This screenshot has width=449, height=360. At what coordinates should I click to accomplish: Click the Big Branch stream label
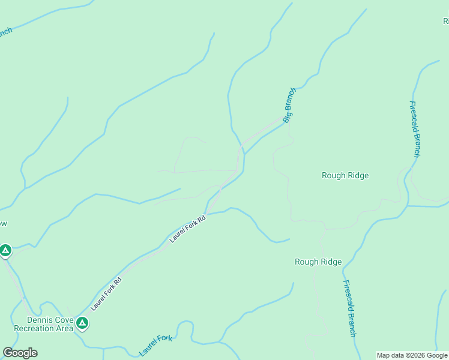click(x=290, y=106)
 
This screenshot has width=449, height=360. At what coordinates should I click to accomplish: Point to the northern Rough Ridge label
click(x=345, y=176)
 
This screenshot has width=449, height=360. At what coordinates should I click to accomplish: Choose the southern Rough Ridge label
click(x=318, y=262)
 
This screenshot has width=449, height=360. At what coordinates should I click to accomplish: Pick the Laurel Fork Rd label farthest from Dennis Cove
click(x=187, y=229)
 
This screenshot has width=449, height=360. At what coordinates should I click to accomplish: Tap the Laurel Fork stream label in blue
click(x=155, y=346)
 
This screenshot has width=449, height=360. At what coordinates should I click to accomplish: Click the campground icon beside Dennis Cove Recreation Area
click(x=83, y=324)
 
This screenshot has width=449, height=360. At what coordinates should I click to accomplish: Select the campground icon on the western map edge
click(x=5, y=250)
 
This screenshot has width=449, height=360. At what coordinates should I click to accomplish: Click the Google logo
click(x=20, y=353)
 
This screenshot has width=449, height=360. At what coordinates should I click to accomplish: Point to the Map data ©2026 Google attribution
click(x=412, y=355)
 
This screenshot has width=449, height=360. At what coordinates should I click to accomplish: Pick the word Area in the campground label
click(x=64, y=329)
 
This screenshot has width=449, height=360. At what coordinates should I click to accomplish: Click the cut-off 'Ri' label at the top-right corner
click(x=445, y=21)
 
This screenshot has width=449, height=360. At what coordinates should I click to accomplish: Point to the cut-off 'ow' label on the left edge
click(x=3, y=224)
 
